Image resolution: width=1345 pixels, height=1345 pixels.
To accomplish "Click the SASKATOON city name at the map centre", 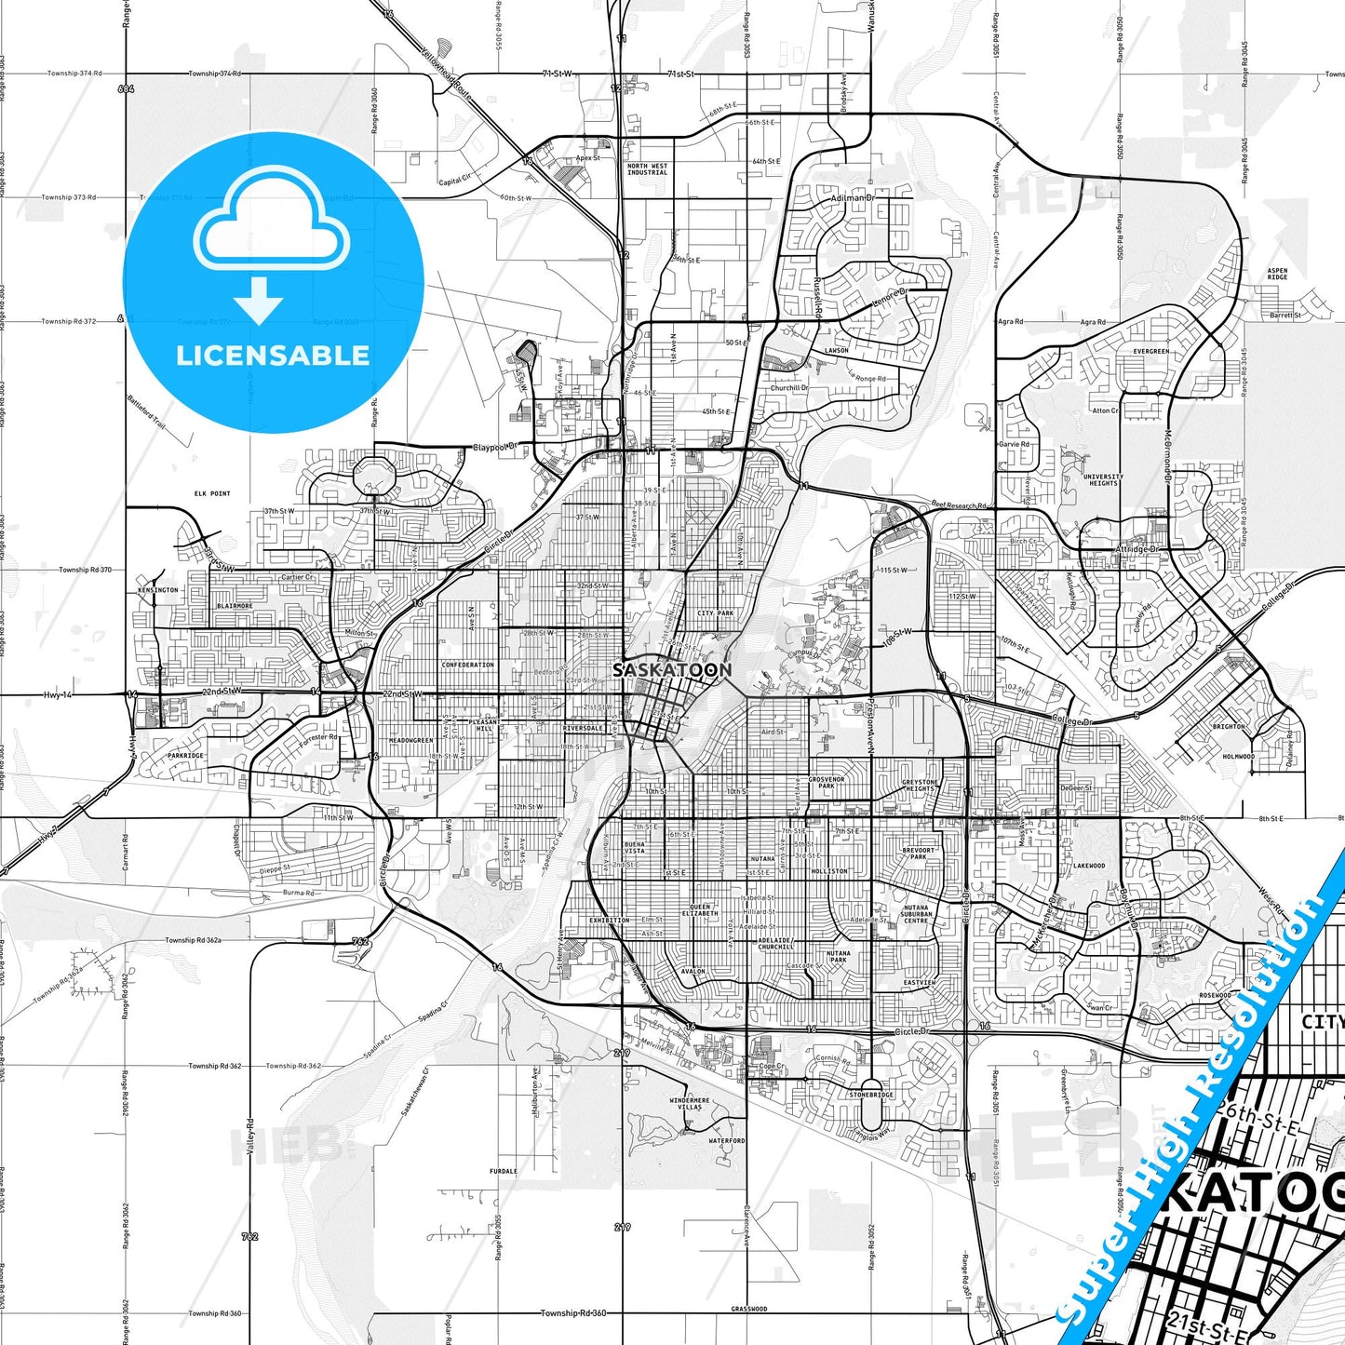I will click(x=672, y=669).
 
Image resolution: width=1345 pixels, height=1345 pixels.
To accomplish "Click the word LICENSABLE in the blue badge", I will click(x=273, y=356).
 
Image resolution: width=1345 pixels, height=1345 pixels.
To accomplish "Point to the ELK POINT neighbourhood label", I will click(x=212, y=493).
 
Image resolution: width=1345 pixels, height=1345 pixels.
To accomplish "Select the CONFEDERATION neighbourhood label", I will click(x=468, y=665).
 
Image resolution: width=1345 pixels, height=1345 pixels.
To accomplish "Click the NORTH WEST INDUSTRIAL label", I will click(x=647, y=168).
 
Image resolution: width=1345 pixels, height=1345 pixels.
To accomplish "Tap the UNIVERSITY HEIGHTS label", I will click(x=1103, y=479).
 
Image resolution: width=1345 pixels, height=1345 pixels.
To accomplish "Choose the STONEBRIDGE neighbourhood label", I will click(x=871, y=1095).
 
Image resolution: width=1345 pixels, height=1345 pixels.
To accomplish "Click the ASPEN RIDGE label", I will click(x=1277, y=274).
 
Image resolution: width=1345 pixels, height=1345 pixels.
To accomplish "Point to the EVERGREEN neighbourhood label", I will click(x=1151, y=351).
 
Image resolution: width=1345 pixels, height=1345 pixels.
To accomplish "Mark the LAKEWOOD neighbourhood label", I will click(x=1089, y=866).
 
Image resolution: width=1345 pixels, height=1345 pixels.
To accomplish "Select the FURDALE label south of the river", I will click(x=504, y=1171).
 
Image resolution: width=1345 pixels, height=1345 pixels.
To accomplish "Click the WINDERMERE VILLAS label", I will click(x=690, y=1104).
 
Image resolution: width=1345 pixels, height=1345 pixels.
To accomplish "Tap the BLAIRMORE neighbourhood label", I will click(x=235, y=606).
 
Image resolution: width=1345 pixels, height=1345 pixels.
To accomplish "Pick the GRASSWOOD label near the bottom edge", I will click(x=749, y=1309).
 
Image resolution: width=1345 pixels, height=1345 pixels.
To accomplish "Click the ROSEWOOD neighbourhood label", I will click(x=1215, y=995).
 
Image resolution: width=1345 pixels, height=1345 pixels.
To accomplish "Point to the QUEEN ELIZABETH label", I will click(x=700, y=910).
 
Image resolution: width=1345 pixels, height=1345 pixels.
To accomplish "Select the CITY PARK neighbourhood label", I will click(x=716, y=613).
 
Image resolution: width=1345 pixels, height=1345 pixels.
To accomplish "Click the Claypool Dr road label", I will click(x=495, y=448).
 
